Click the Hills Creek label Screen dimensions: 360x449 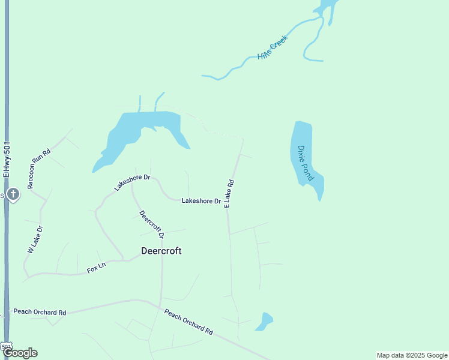point(273,47)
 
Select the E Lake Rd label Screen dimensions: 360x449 point(229,193)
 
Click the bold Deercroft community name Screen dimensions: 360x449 point(161,251)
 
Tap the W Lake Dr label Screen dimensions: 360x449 point(33,239)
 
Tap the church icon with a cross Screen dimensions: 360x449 point(13,194)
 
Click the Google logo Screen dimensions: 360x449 point(20,353)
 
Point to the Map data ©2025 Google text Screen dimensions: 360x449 point(412,355)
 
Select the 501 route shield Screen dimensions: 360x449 point(6,346)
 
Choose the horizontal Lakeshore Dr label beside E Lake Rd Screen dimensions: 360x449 point(201,200)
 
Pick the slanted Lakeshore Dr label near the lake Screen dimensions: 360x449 point(132,183)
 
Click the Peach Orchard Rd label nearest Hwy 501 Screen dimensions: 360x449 point(40,312)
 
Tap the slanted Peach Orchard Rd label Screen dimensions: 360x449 point(188,322)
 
